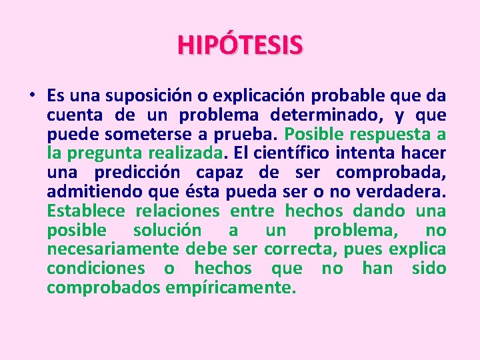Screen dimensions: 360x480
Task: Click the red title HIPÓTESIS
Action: [240, 45]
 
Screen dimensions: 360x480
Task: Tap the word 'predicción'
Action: [137, 173]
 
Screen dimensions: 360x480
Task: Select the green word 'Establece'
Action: [86, 211]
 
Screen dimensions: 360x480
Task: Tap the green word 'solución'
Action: [167, 231]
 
